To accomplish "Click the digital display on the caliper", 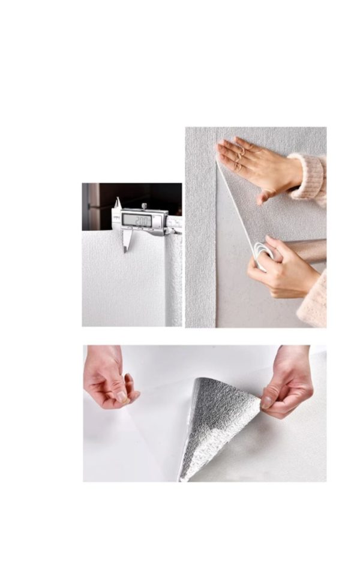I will (136, 220).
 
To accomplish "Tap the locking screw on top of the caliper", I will (144, 207).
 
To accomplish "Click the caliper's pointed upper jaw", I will (118, 202).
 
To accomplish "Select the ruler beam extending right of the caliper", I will (174, 223).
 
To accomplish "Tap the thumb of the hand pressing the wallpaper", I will (264, 196).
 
